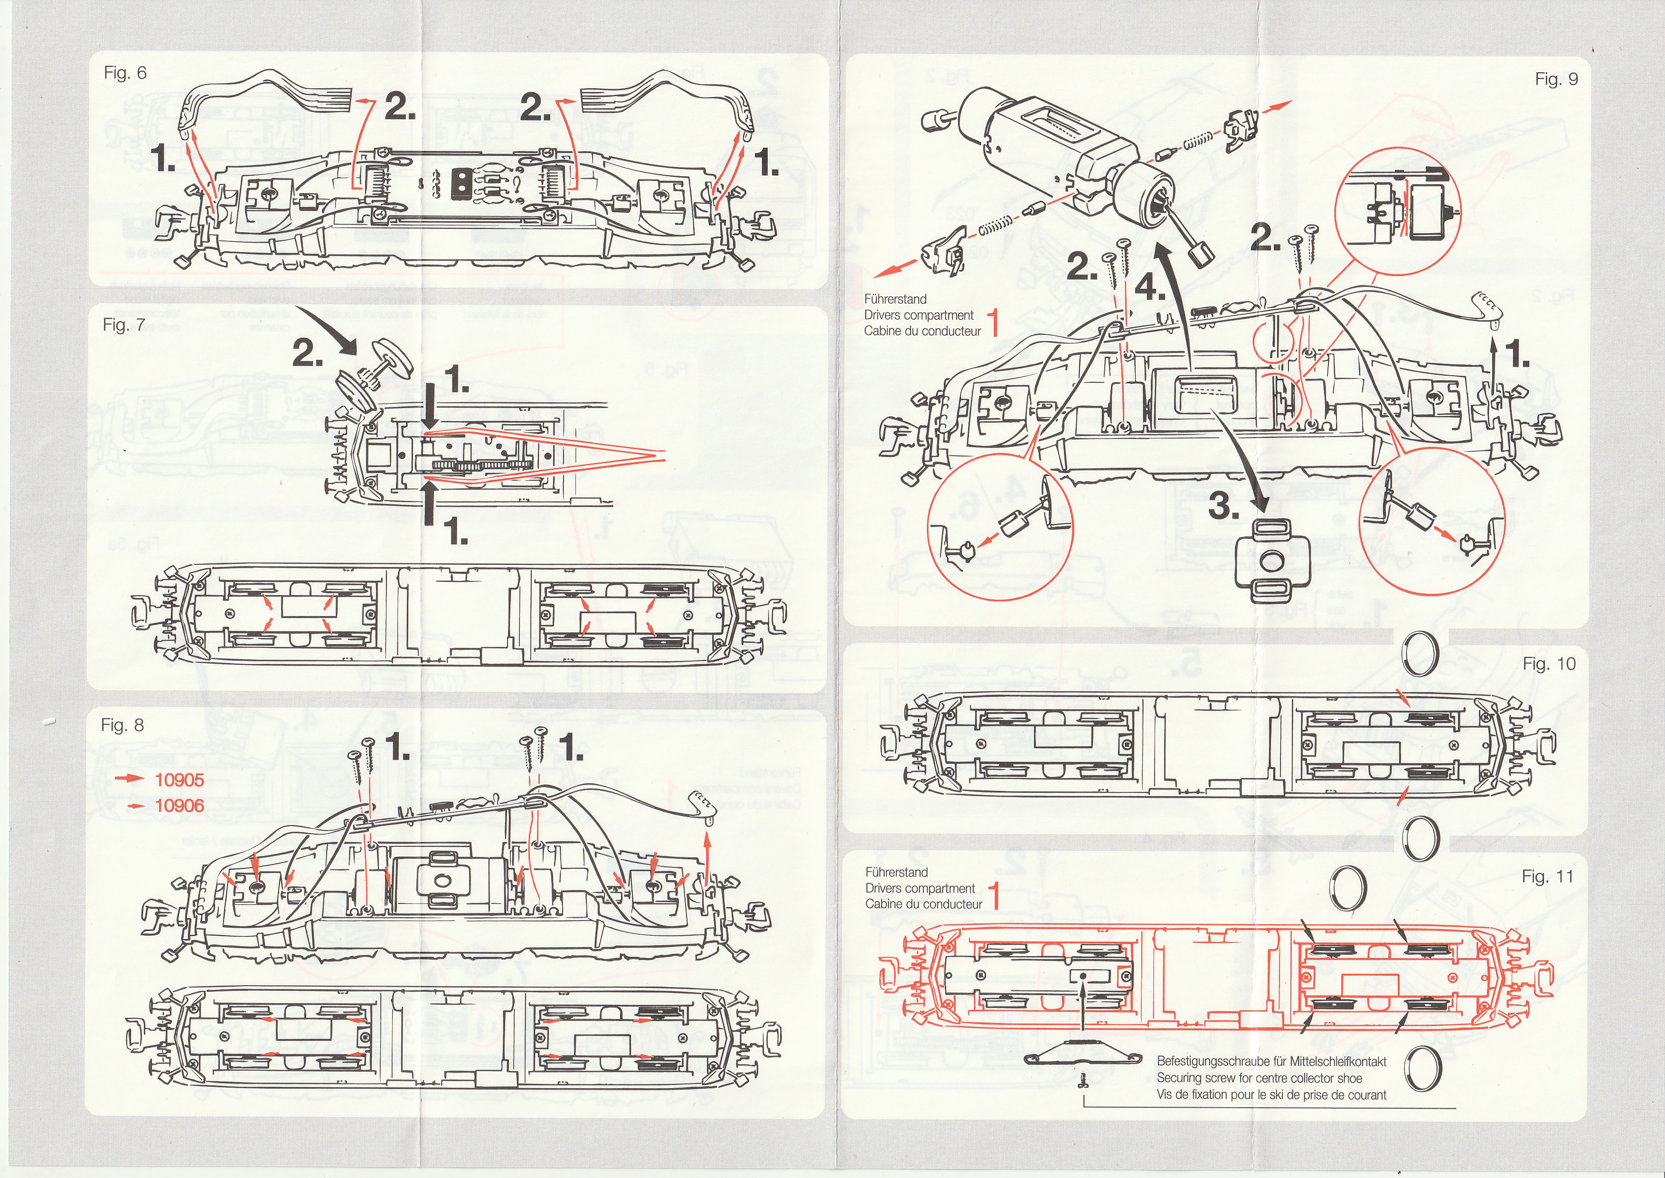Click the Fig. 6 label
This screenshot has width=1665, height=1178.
125,73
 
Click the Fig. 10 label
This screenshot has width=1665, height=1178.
1549,664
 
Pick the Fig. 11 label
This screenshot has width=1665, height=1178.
1548,877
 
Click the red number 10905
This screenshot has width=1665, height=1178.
179,780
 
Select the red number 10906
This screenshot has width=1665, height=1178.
179,805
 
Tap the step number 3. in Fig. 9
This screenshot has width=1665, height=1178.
1223,508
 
